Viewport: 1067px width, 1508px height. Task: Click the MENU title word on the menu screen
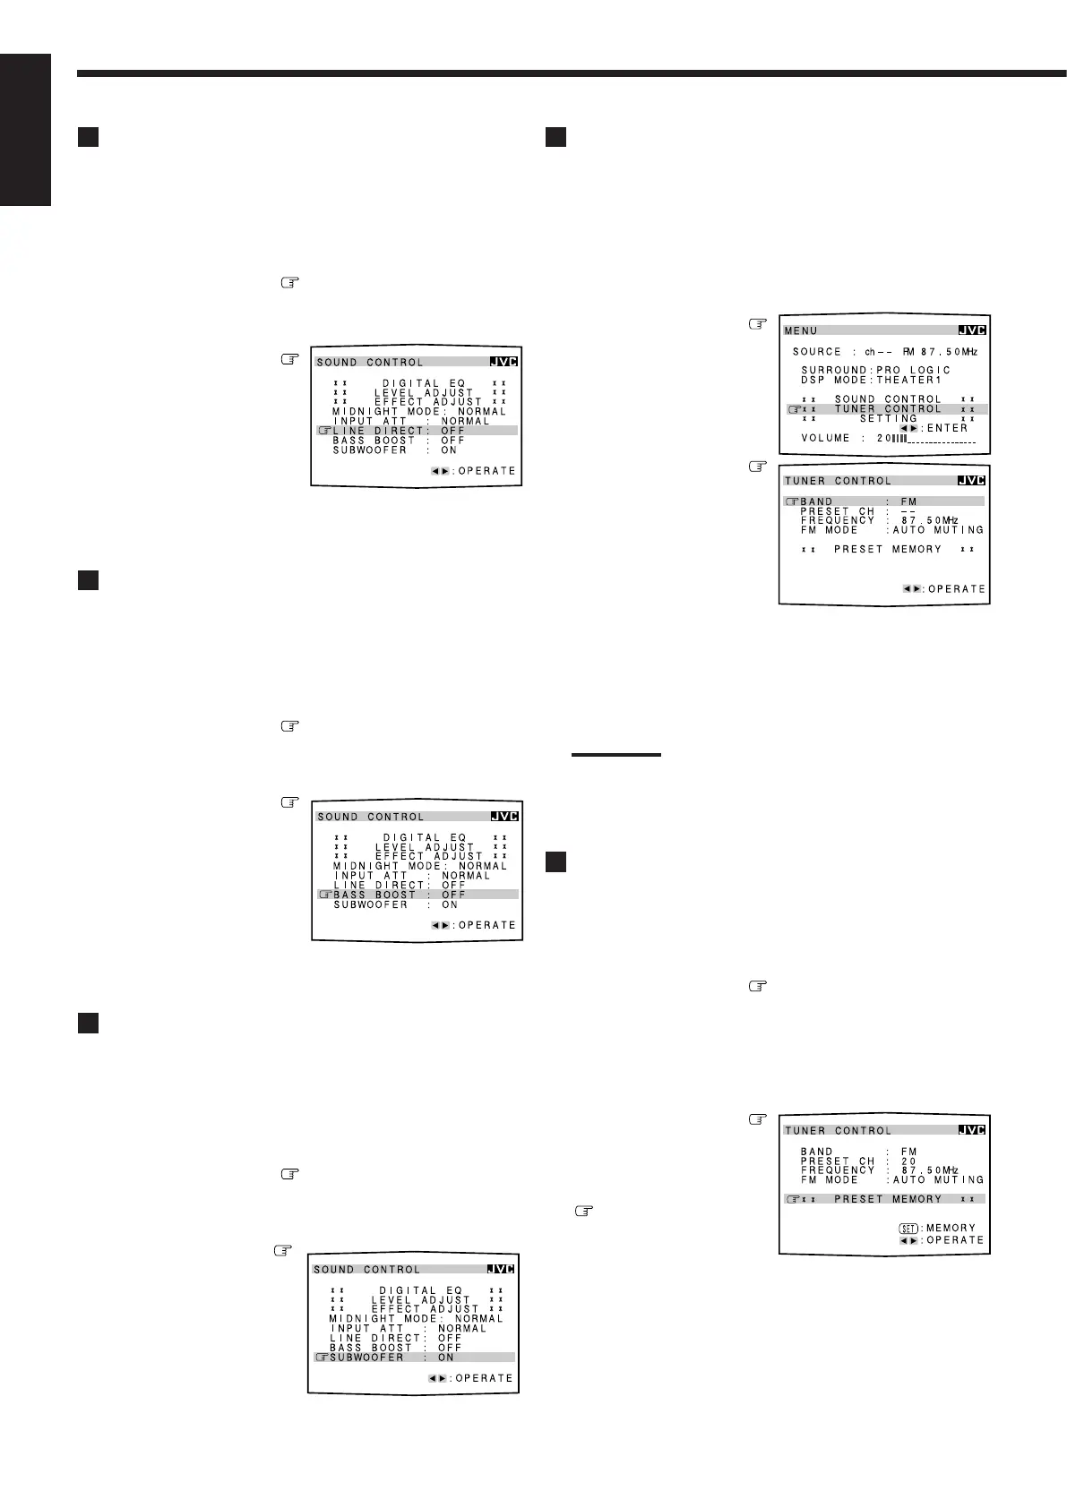[801, 330]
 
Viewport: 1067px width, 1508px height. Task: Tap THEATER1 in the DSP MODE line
[909, 380]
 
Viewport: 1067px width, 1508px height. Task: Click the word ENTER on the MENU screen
[947, 428]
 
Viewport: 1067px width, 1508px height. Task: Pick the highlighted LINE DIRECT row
[417, 431]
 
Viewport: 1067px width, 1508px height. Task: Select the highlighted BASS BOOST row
[417, 895]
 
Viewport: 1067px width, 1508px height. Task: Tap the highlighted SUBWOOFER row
[414, 1358]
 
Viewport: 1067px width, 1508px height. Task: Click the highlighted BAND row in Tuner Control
[884, 501]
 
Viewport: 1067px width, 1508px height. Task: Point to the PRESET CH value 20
[909, 1161]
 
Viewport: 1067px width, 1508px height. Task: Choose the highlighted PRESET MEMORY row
[884, 1199]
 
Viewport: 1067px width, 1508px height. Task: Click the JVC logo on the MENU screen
[971, 330]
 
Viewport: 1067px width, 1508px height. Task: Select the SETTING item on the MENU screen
[889, 418]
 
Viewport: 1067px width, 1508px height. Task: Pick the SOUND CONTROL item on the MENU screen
[888, 399]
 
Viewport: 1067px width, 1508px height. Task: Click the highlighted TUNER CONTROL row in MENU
[888, 409]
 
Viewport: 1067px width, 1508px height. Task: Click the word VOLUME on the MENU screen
[826, 439]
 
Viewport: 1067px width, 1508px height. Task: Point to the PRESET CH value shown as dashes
[908, 511]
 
